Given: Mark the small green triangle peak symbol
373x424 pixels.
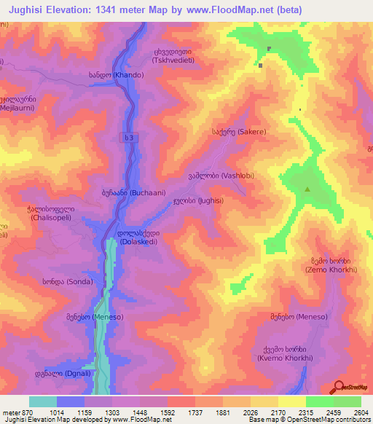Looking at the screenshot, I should coord(307,190).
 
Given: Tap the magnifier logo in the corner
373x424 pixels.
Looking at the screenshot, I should coord(339,387).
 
